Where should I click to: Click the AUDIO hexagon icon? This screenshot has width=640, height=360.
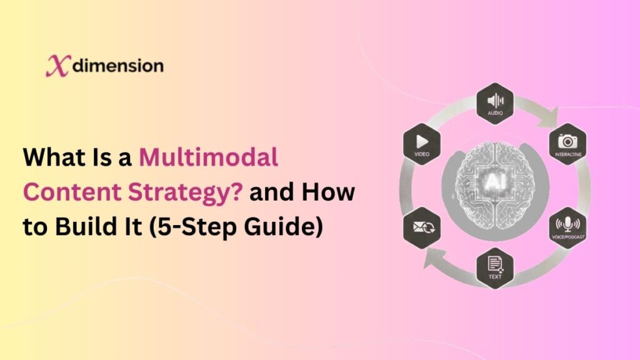[x=494, y=102]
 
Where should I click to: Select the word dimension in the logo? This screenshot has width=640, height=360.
[x=117, y=65]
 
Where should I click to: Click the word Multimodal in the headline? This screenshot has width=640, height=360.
[x=209, y=159]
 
